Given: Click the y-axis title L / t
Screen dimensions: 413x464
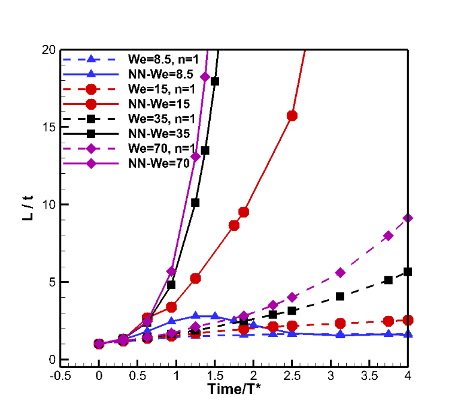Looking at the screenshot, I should tap(28, 205).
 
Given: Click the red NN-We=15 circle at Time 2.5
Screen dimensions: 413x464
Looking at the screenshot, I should tap(292, 116).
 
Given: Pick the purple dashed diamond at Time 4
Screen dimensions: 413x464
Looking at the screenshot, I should tap(408, 218).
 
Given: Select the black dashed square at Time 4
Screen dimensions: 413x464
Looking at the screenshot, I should tap(408, 272).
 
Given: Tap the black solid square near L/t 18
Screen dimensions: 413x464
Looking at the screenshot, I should tap(214, 81).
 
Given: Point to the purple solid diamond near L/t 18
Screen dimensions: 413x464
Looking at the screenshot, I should tap(205, 77).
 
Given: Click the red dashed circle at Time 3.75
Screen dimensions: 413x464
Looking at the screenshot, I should tap(389, 321).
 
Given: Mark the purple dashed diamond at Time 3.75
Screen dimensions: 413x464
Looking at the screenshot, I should tap(389, 236).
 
